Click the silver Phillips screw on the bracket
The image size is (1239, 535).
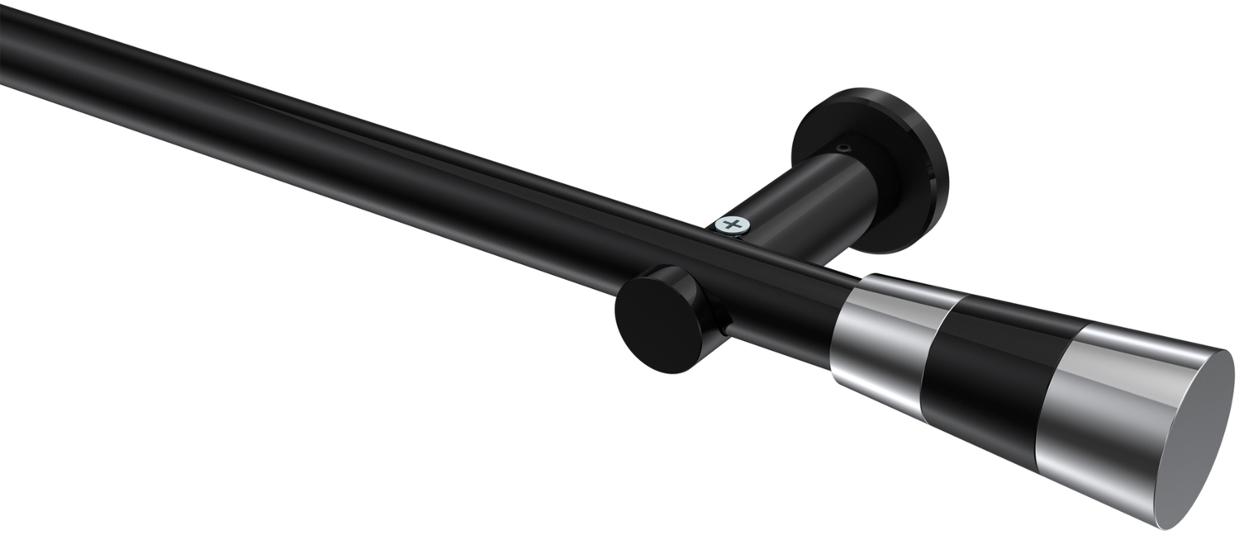point(730,225)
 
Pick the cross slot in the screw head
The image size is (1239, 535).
point(730,224)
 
